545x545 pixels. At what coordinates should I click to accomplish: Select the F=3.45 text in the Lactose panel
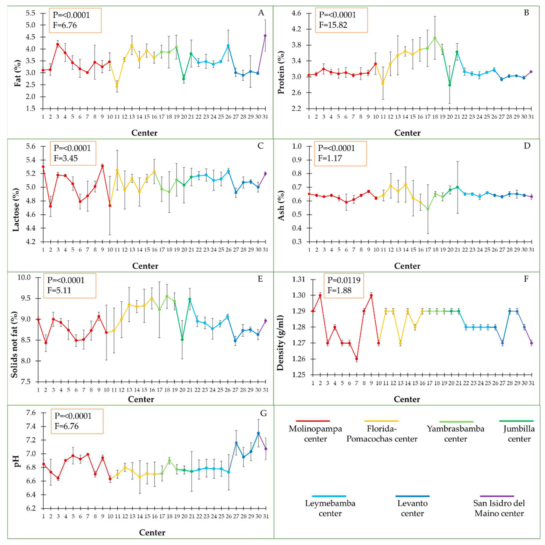(x=66, y=158)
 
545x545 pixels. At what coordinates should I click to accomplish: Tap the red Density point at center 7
(x=357, y=359)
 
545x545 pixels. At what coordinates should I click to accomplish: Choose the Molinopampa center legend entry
(x=315, y=434)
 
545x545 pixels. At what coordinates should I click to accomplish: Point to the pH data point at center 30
(x=258, y=433)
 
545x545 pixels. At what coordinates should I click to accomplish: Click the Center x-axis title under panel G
(x=152, y=532)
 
